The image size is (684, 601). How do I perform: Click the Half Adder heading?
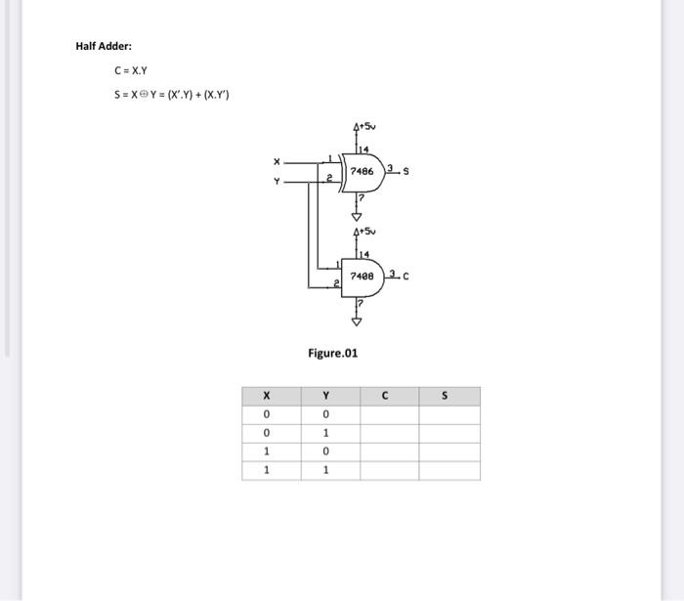coord(104,46)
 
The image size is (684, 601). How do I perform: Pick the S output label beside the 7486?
coord(406,173)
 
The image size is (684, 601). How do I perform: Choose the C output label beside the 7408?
coord(406,277)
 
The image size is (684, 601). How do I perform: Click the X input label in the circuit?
coord(277,161)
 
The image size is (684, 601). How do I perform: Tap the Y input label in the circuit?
coord(277,181)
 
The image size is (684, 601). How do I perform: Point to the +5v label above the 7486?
coord(363,127)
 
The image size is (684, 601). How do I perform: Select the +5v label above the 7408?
coord(363,232)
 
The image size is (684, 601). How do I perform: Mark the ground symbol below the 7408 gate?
coord(357,320)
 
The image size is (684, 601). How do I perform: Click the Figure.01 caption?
coord(332,353)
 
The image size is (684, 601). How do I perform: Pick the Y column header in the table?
coord(325,396)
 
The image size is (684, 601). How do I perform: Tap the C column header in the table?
coord(387,396)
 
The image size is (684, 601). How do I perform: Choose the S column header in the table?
coord(447,396)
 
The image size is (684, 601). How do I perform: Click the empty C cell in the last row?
coord(389,470)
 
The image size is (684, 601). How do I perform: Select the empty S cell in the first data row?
coord(449,414)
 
